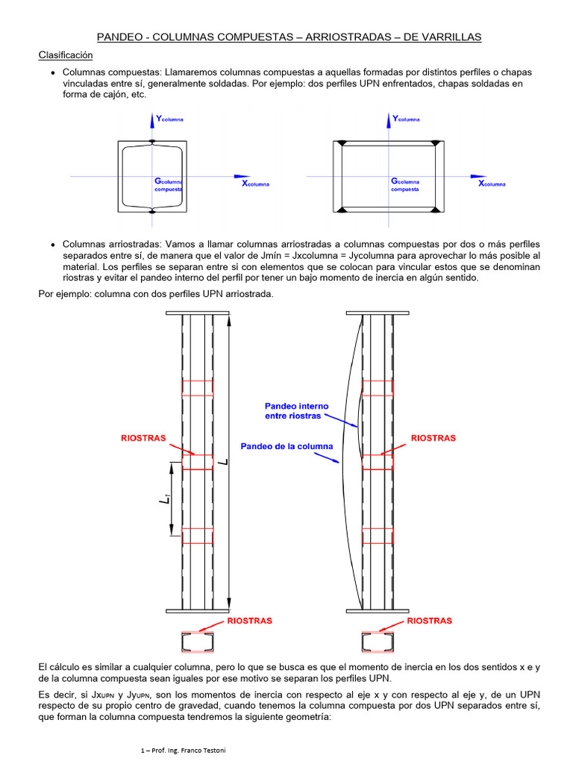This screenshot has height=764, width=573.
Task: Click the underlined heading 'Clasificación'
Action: (66, 55)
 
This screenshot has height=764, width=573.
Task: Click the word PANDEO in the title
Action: (122, 37)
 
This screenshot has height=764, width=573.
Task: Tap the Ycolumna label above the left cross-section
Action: (170, 119)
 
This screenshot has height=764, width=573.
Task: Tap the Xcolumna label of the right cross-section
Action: (492, 184)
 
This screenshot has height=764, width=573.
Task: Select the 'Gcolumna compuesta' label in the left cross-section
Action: (169, 185)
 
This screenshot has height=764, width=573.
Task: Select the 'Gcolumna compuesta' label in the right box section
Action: (405, 185)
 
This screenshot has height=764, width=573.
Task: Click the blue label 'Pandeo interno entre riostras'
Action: (296, 410)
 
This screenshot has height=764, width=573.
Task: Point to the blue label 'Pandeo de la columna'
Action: (286, 446)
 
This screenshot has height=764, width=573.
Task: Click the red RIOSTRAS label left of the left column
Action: (144, 438)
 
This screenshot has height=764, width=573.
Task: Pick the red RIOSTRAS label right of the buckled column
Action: (433, 438)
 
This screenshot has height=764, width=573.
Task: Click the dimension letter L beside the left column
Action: (223, 463)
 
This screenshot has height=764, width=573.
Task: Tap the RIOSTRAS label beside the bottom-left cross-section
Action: (249, 621)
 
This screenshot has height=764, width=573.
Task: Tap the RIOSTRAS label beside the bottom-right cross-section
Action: (429, 621)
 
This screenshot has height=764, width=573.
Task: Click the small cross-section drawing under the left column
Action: (198, 642)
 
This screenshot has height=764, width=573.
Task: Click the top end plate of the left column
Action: (198, 312)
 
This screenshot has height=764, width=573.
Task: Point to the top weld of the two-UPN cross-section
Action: (152, 141)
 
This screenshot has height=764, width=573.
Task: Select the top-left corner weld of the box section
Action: (342, 143)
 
